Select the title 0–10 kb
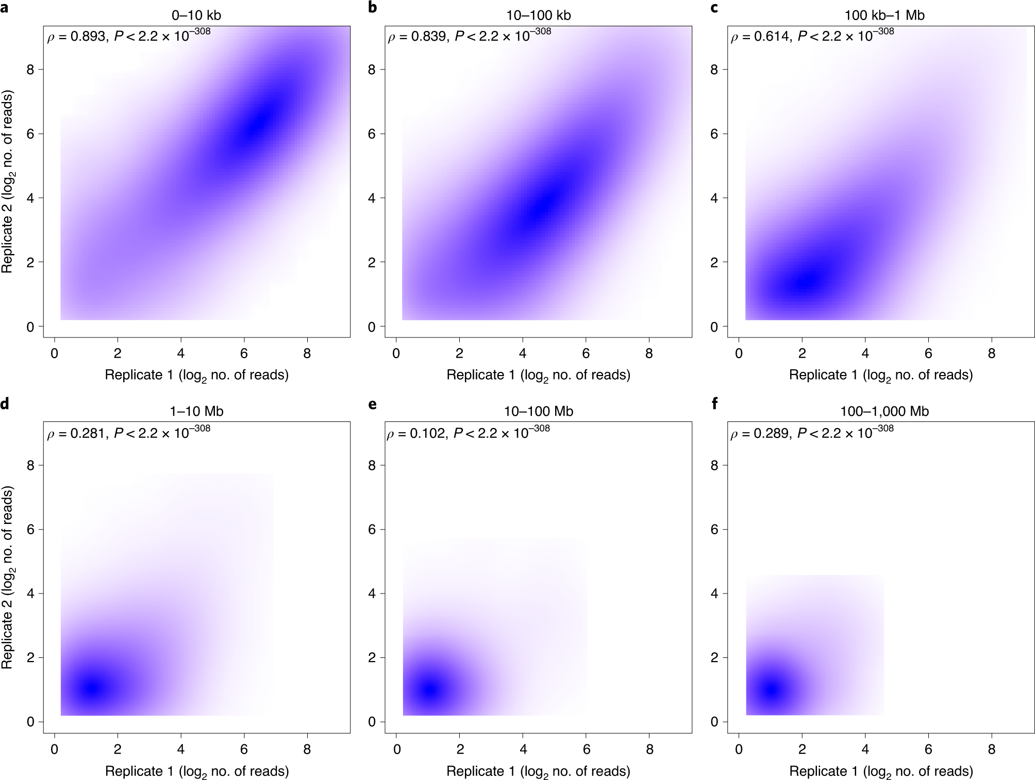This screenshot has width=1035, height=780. click(196, 15)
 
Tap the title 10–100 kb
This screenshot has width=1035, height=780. click(538, 15)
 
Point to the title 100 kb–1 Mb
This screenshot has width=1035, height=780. click(884, 15)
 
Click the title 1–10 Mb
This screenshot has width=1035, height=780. click(196, 411)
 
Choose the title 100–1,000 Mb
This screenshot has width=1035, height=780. click(884, 411)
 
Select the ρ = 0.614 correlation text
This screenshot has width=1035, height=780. click(760, 37)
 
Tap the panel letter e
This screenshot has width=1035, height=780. click(372, 404)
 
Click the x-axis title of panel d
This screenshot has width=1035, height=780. click(196, 772)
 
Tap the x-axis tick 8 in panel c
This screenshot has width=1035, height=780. click(991, 353)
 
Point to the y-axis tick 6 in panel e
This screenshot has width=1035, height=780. click(372, 530)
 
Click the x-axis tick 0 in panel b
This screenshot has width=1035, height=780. click(396, 353)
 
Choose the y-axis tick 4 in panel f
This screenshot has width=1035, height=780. click(714, 594)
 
